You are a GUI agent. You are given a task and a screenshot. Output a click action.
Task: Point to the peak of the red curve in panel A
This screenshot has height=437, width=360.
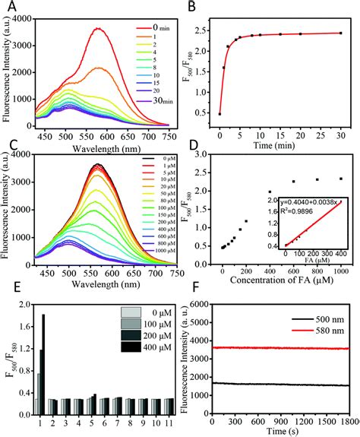[x=97, y=29]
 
